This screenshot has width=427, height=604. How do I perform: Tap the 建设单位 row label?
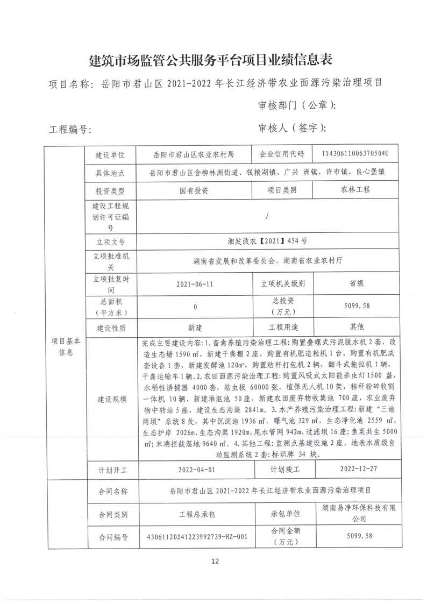point(110,155)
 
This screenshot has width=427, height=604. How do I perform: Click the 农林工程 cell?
point(355,190)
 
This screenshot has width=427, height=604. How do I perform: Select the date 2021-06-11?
point(195,283)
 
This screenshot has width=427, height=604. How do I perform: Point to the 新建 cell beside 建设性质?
point(195,327)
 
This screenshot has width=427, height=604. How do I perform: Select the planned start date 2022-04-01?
point(195,469)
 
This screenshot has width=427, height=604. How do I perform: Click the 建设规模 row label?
point(110,399)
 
